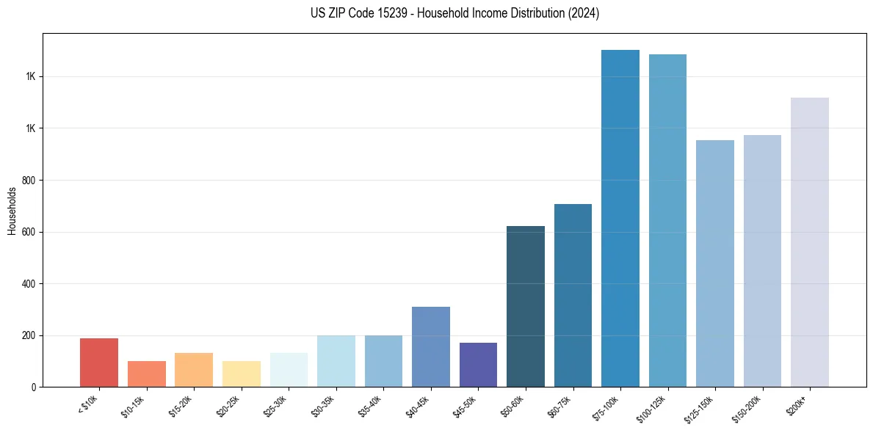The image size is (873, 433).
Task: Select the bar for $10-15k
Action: [146, 374]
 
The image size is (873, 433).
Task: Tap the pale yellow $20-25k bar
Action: [241, 374]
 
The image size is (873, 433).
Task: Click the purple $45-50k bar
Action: [478, 365]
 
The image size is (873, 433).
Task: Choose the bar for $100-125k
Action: [667, 221]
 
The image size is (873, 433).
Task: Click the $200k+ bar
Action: [810, 242]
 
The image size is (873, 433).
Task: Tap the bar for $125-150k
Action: [715, 263]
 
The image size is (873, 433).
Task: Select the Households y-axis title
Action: [12, 211]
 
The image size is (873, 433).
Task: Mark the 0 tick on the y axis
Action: [35, 387]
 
